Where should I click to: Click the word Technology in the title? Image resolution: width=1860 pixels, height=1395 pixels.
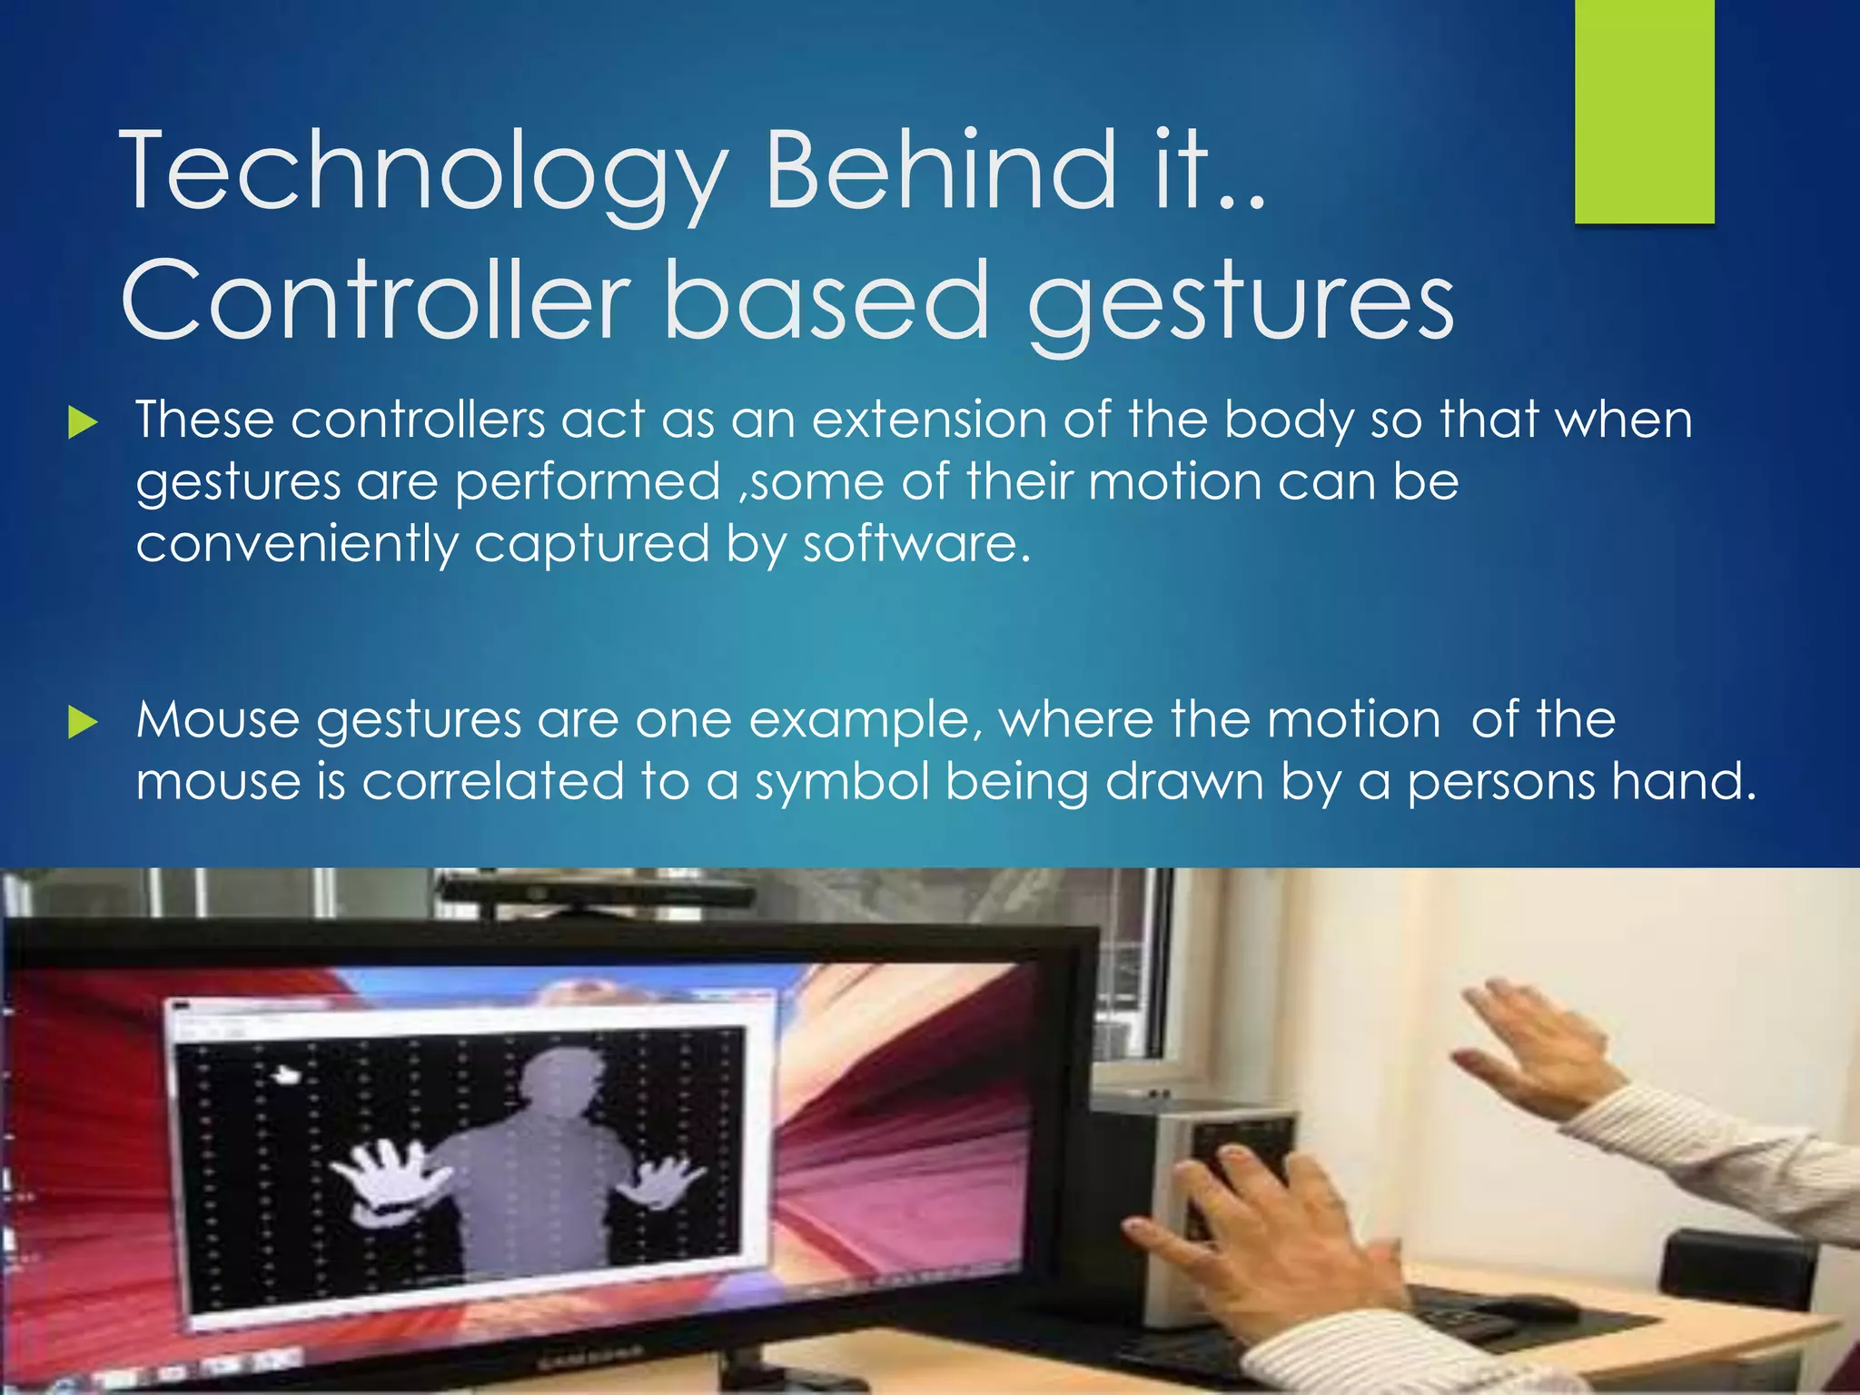click(423, 173)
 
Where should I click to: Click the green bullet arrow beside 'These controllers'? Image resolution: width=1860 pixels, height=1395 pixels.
click(83, 422)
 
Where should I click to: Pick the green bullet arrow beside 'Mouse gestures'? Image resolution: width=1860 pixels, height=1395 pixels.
click(83, 722)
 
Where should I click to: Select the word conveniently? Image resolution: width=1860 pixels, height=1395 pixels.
click(297, 546)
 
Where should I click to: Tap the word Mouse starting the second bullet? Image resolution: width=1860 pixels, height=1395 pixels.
click(218, 720)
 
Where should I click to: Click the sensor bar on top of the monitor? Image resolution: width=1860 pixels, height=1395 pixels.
click(595, 889)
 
